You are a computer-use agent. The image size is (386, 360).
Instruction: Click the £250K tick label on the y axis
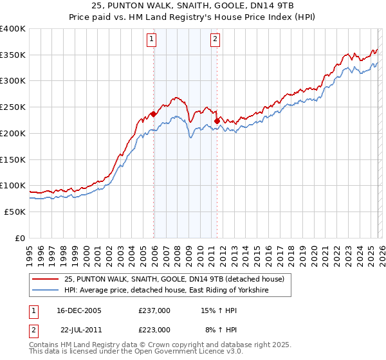pos(13,107)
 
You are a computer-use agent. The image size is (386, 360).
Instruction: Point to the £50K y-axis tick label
pos(15,212)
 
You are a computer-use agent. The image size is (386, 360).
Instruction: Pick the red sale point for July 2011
pos(217,120)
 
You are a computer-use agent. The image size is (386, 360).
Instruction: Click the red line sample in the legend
pos(46,279)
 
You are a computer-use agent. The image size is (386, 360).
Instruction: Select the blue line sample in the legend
pos(46,291)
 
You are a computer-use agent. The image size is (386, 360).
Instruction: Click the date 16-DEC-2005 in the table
pos(79,310)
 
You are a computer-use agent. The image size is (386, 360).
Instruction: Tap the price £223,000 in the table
pos(154,329)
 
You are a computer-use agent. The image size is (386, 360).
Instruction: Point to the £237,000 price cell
pos(154,310)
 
